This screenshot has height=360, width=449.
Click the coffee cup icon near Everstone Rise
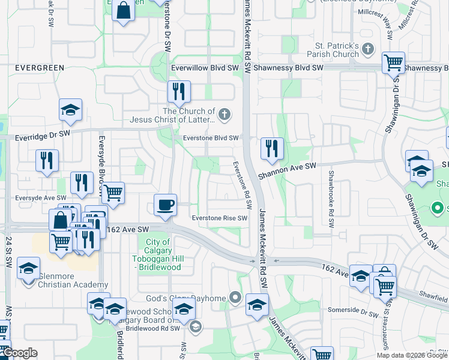coord(165,205)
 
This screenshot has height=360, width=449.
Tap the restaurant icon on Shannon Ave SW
coord(272,148)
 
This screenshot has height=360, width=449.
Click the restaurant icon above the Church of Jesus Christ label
coord(179,91)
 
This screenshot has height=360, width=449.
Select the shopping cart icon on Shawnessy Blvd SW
coord(393,62)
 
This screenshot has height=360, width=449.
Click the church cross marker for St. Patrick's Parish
coord(367,50)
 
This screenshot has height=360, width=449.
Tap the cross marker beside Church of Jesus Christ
coord(224,115)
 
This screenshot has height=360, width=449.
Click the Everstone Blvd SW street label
coord(212,138)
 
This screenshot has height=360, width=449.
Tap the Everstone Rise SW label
coord(219,218)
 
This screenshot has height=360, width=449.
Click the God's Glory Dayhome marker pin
coord(235,298)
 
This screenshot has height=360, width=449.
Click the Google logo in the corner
coord(19,353)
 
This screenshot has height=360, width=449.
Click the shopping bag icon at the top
coord(123,11)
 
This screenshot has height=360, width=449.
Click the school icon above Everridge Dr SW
coord(70,109)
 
